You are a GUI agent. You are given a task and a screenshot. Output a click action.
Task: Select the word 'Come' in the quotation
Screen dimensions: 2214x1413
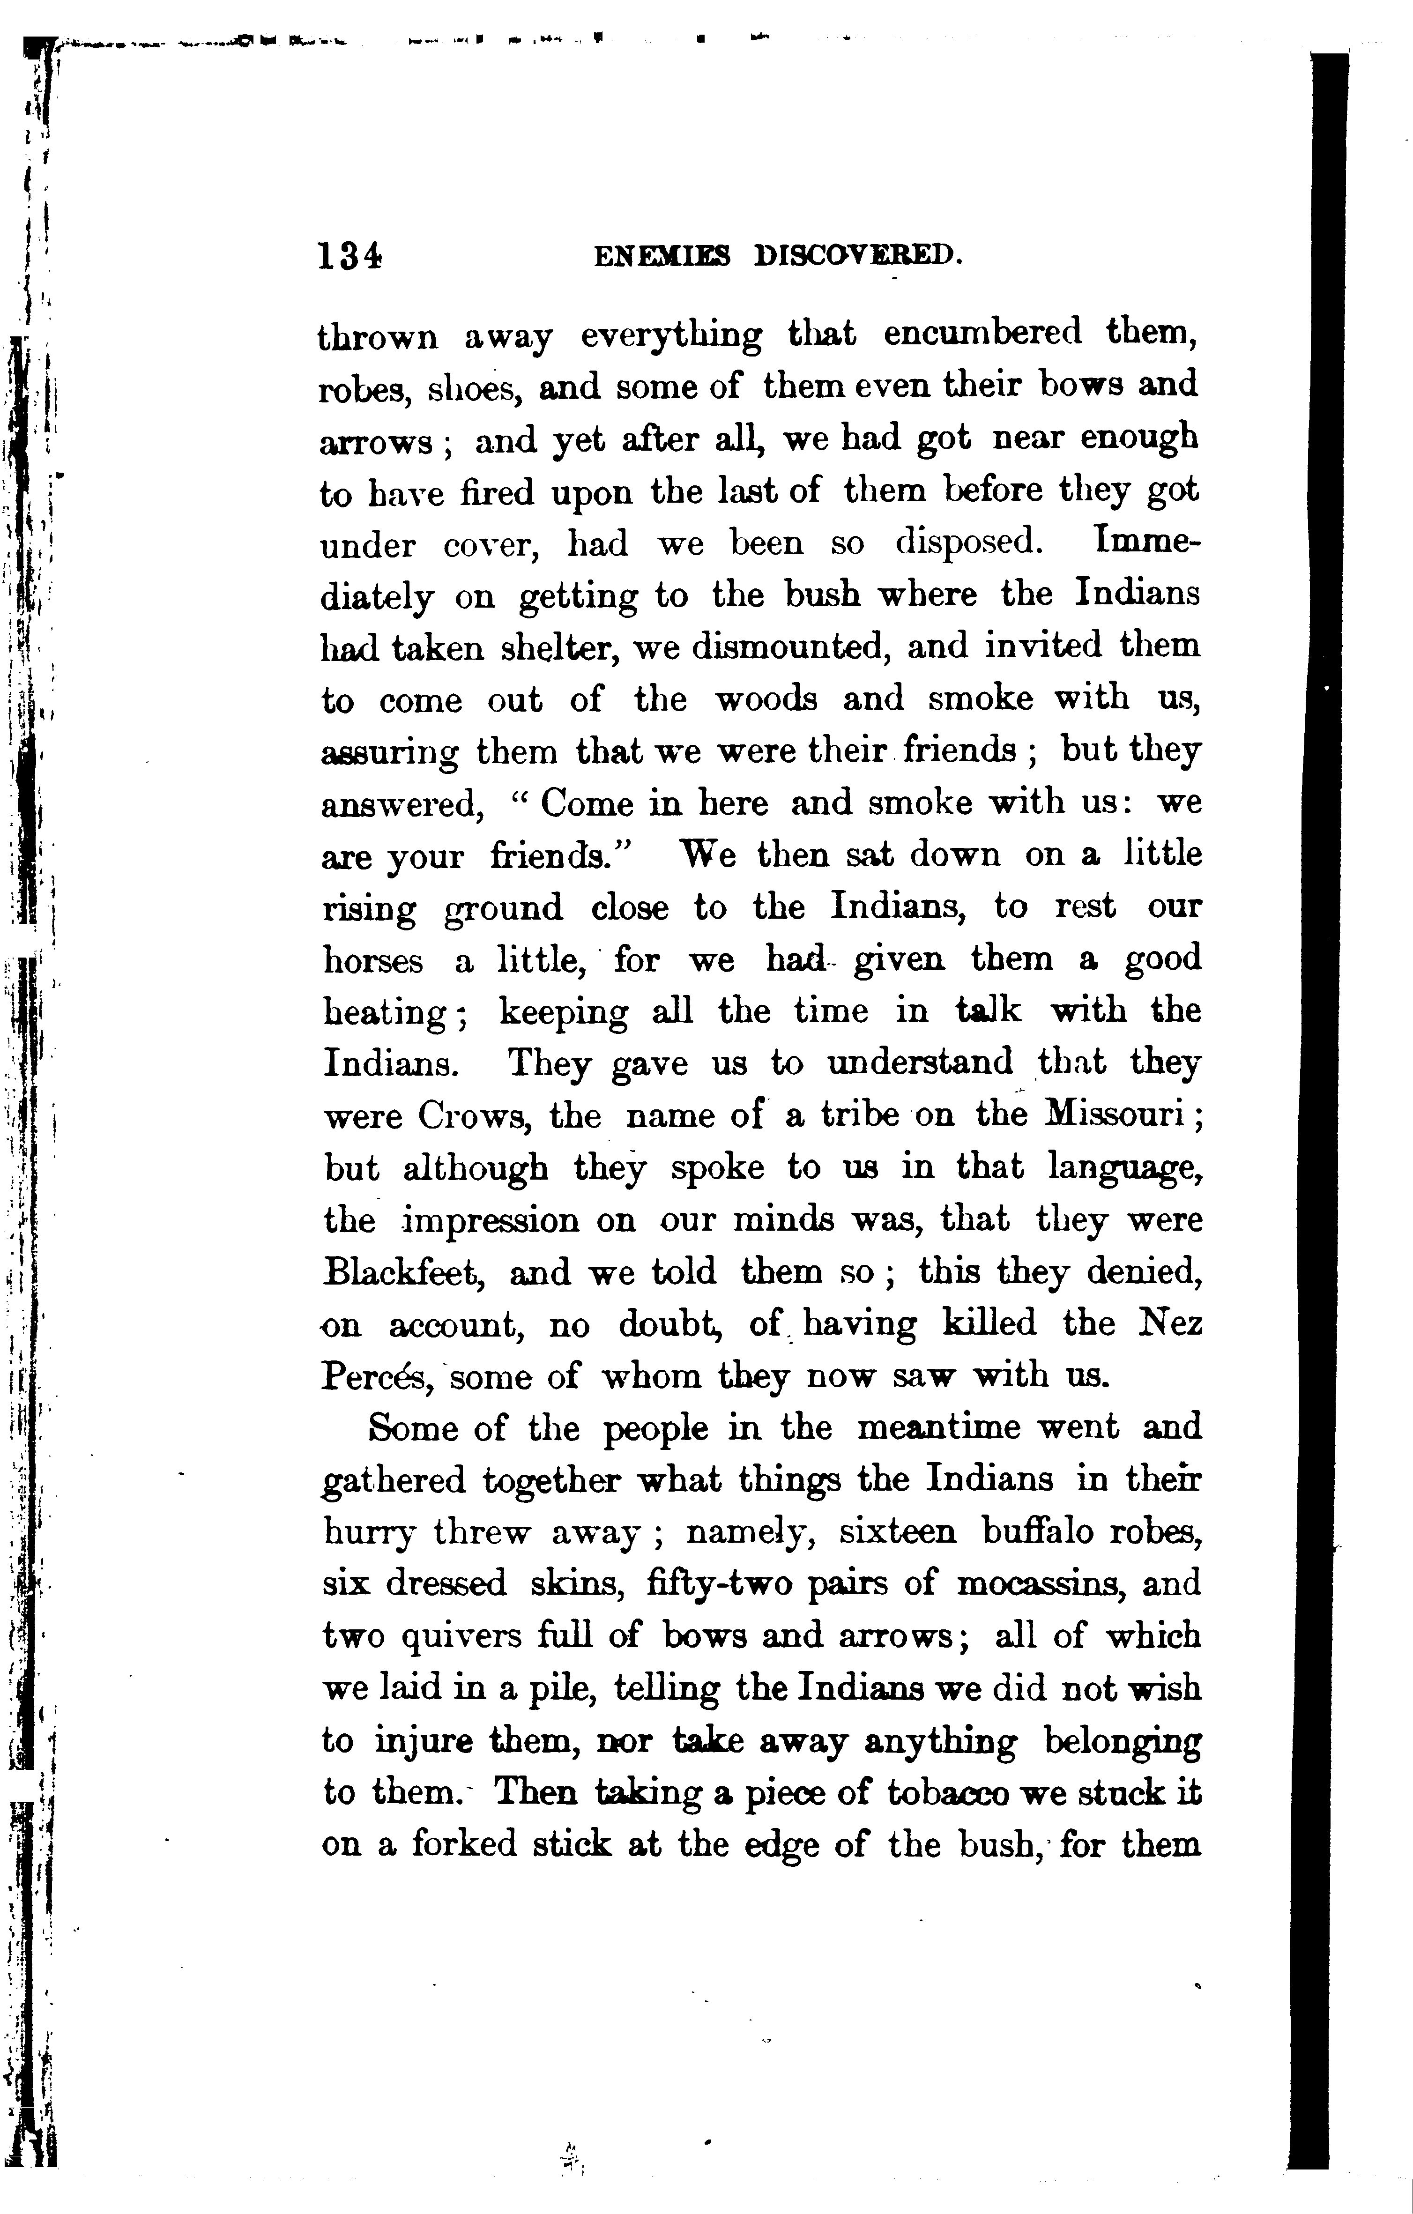[x=587, y=803]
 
